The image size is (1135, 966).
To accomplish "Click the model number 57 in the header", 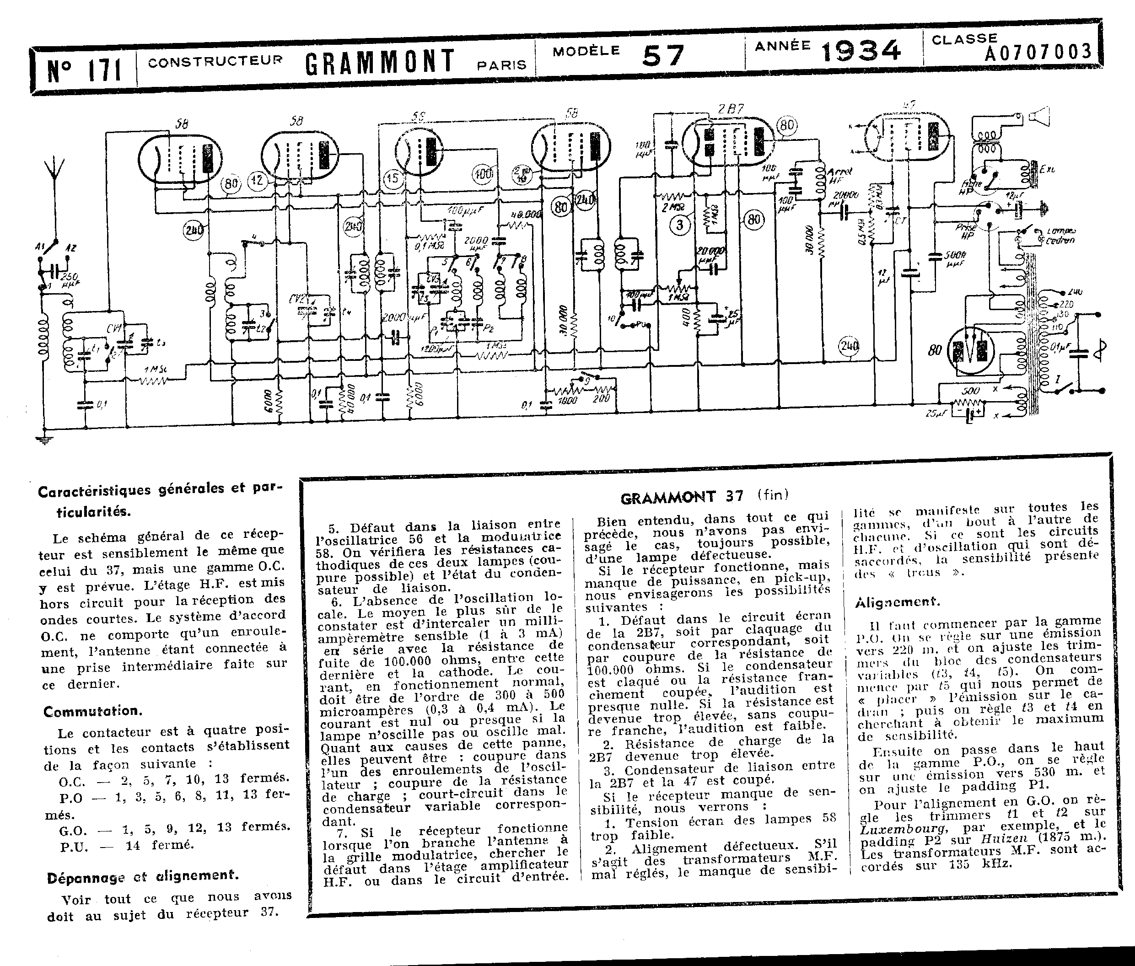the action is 663,55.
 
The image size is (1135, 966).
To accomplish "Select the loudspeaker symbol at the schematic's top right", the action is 1038,117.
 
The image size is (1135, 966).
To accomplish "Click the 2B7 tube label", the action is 731,109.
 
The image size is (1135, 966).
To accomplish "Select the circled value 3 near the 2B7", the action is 680,225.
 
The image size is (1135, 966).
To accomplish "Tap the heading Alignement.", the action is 897,602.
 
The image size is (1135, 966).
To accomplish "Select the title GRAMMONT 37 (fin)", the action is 705,497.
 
